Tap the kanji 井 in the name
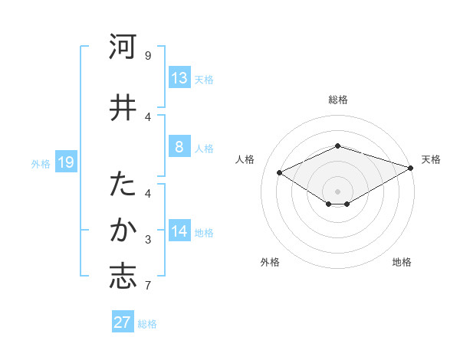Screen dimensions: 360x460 pos(123,108)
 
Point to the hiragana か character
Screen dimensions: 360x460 pos(123,231)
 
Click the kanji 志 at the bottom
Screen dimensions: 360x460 pos(123,277)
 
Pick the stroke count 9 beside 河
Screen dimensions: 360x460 pos(148,55)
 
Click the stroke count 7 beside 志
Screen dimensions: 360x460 pos(148,286)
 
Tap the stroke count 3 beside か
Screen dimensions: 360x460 pos(148,240)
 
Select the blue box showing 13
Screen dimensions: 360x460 pos(179,78)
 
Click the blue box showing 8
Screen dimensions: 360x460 pos(179,147)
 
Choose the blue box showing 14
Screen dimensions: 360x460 pos(179,231)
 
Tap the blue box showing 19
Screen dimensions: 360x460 pos(65,162)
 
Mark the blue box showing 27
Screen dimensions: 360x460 pos(123,322)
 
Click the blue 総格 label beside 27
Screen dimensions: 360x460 pos(147,324)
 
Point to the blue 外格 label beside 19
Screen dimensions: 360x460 pos(41,163)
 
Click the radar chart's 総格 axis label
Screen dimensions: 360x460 pos(338,100)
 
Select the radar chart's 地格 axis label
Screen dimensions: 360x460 pos(402,262)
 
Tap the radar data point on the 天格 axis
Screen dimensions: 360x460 pos(411,168)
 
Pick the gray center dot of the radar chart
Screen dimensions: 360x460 pos(338,190)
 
